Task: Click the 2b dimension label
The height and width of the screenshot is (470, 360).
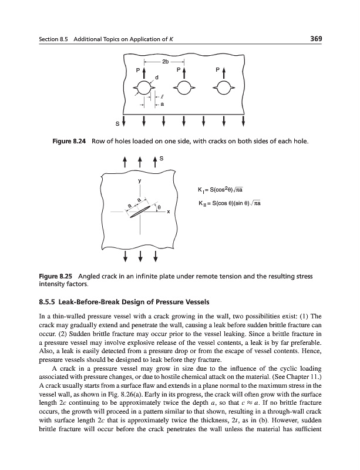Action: (x=166, y=62)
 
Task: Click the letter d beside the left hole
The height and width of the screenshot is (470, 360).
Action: (x=156, y=76)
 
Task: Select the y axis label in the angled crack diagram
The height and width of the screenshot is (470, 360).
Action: (x=139, y=181)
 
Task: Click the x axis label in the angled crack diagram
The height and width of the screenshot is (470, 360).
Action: (x=168, y=212)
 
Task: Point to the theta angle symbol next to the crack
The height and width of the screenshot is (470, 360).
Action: (x=158, y=207)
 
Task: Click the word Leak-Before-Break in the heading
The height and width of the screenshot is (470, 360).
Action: (x=96, y=303)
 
